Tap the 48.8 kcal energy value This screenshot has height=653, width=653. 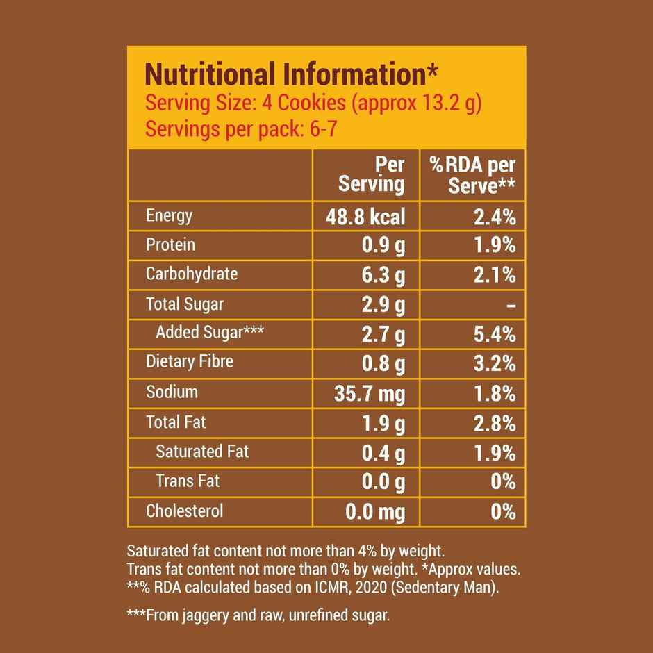(x=365, y=217)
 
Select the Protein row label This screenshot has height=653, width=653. (x=170, y=245)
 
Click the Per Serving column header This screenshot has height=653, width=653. (x=372, y=174)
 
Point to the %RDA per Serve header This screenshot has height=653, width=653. (x=472, y=174)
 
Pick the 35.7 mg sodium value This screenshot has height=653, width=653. (x=370, y=394)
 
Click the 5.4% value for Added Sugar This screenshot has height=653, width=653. (x=495, y=335)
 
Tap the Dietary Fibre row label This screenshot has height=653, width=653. (x=190, y=361)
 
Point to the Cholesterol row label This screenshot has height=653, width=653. (x=185, y=511)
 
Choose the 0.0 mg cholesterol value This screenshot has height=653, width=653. (x=375, y=513)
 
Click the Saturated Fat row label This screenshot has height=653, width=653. (x=202, y=452)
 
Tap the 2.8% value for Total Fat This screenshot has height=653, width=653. (x=495, y=423)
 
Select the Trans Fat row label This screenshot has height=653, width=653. (x=188, y=481)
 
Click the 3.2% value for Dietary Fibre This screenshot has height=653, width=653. (x=495, y=363)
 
